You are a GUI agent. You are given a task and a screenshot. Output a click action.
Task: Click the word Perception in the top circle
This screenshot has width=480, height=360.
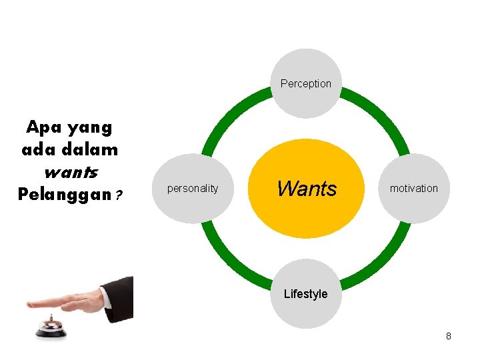[305, 83]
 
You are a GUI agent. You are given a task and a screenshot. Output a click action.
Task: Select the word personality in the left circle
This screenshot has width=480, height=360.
[192, 189]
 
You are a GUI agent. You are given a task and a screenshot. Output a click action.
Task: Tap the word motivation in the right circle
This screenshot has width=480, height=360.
[413, 189]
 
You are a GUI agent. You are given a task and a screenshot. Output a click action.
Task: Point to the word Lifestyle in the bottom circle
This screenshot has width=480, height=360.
[305, 294]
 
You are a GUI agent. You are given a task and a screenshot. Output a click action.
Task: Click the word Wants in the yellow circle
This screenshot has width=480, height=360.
[307, 189]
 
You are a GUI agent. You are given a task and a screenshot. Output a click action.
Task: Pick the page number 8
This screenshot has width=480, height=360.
[449, 336]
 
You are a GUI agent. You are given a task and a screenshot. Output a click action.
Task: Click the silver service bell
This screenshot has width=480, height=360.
[51, 327]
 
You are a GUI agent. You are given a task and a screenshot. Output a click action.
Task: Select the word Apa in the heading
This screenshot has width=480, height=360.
[41, 127]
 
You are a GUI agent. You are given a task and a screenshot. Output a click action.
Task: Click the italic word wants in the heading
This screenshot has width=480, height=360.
[70, 173]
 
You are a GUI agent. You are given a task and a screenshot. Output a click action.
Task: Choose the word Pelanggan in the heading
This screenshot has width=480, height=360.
[64, 195]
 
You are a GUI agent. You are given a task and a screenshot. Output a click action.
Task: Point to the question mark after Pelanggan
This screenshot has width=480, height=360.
[119, 196]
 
